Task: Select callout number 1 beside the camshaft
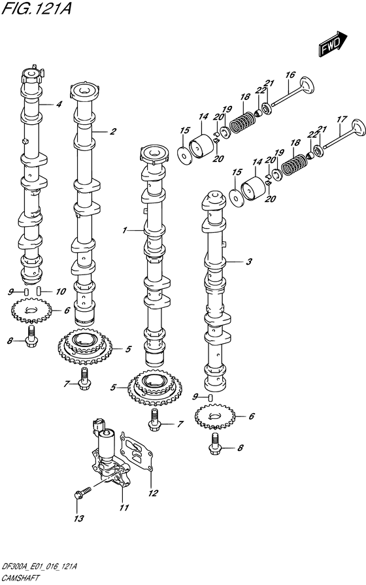(x=124, y=231)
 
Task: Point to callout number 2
(x=59, y=104)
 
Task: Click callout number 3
(x=248, y=263)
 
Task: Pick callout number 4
(x=59, y=104)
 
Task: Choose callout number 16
(x=290, y=75)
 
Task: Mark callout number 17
(x=341, y=120)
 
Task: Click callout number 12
(x=154, y=493)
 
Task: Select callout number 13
(x=78, y=519)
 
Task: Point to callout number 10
(x=61, y=292)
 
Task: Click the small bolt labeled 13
(x=80, y=492)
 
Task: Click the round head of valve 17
(x=358, y=126)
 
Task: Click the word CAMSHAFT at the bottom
(x=21, y=578)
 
